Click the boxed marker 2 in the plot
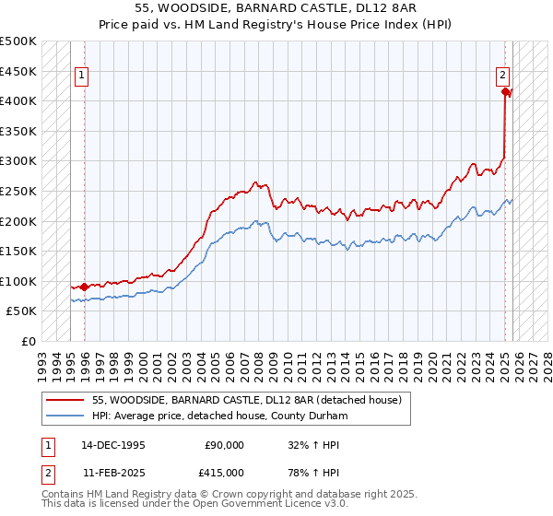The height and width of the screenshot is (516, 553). [503, 76]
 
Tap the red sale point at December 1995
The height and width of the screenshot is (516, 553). [85, 287]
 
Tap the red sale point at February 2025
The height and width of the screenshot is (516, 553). [505, 91]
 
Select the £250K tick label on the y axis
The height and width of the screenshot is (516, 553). [18, 191]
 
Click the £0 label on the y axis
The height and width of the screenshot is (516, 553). [29, 341]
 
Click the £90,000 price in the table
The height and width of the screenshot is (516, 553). [224, 445]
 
